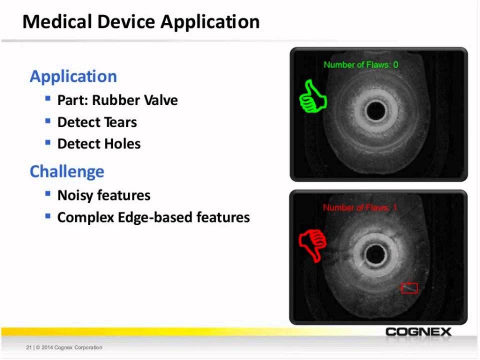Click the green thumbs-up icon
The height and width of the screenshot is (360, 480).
click(x=312, y=96)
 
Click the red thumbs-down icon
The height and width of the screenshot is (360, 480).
click(x=312, y=244)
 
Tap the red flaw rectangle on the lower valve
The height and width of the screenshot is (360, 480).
click(x=409, y=288)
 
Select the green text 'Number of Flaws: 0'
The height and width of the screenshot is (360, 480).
click(x=361, y=64)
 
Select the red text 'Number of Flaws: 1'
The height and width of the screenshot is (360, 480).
click(x=360, y=207)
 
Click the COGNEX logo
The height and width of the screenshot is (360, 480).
click(x=418, y=332)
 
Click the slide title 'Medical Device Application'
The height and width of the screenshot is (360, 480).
click(x=141, y=22)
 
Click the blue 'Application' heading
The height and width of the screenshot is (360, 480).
click(x=73, y=76)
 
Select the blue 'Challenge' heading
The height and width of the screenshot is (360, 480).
click(x=67, y=171)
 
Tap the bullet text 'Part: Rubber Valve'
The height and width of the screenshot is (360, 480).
click(x=117, y=100)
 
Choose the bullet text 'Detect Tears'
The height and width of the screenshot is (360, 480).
click(x=97, y=122)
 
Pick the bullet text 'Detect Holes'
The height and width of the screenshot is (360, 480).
click(x=99, y=144)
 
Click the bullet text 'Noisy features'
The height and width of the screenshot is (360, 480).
click(x=104, y=195)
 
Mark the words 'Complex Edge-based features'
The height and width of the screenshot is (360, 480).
click(x=153, y=217)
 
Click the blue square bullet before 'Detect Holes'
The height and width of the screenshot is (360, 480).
click(x=48, y=143)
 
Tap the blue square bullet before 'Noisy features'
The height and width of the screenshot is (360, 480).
click(x=48, y=194)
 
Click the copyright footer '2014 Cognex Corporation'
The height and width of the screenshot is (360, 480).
click(x=70, y=347)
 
